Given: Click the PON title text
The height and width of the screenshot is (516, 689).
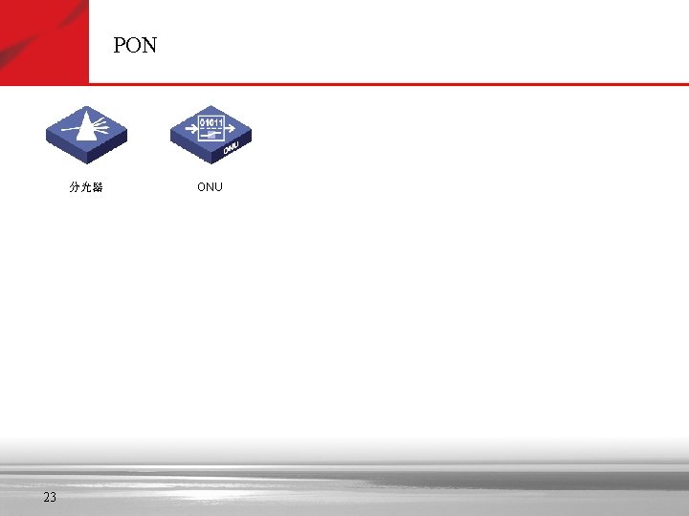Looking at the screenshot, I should [x=135, y=46].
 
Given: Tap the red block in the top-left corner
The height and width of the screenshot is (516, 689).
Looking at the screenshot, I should [x=44, y=41].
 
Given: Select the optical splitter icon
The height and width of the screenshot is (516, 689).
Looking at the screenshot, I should [x=87, y=134].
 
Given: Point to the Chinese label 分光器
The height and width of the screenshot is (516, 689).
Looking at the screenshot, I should [x=86, y=187].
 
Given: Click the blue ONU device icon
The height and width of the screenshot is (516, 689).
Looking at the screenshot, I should [x=210, y=134].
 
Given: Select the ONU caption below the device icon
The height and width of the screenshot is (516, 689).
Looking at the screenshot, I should [x=210, y=187].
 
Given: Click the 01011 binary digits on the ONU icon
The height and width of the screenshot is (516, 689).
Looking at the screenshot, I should [x=211, y=122].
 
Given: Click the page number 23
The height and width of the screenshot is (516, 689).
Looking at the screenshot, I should [x=50, y=497].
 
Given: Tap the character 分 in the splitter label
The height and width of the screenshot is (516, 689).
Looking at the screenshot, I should [x=75, y=187].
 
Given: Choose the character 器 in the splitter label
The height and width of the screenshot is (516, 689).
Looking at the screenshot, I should [x=98, y=187].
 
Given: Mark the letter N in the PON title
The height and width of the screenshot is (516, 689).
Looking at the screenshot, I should [x=149, y=46].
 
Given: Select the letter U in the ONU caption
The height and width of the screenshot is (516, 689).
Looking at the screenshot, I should [x=218, y=187].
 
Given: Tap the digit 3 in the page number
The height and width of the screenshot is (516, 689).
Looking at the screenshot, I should [x=53, y=497].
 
